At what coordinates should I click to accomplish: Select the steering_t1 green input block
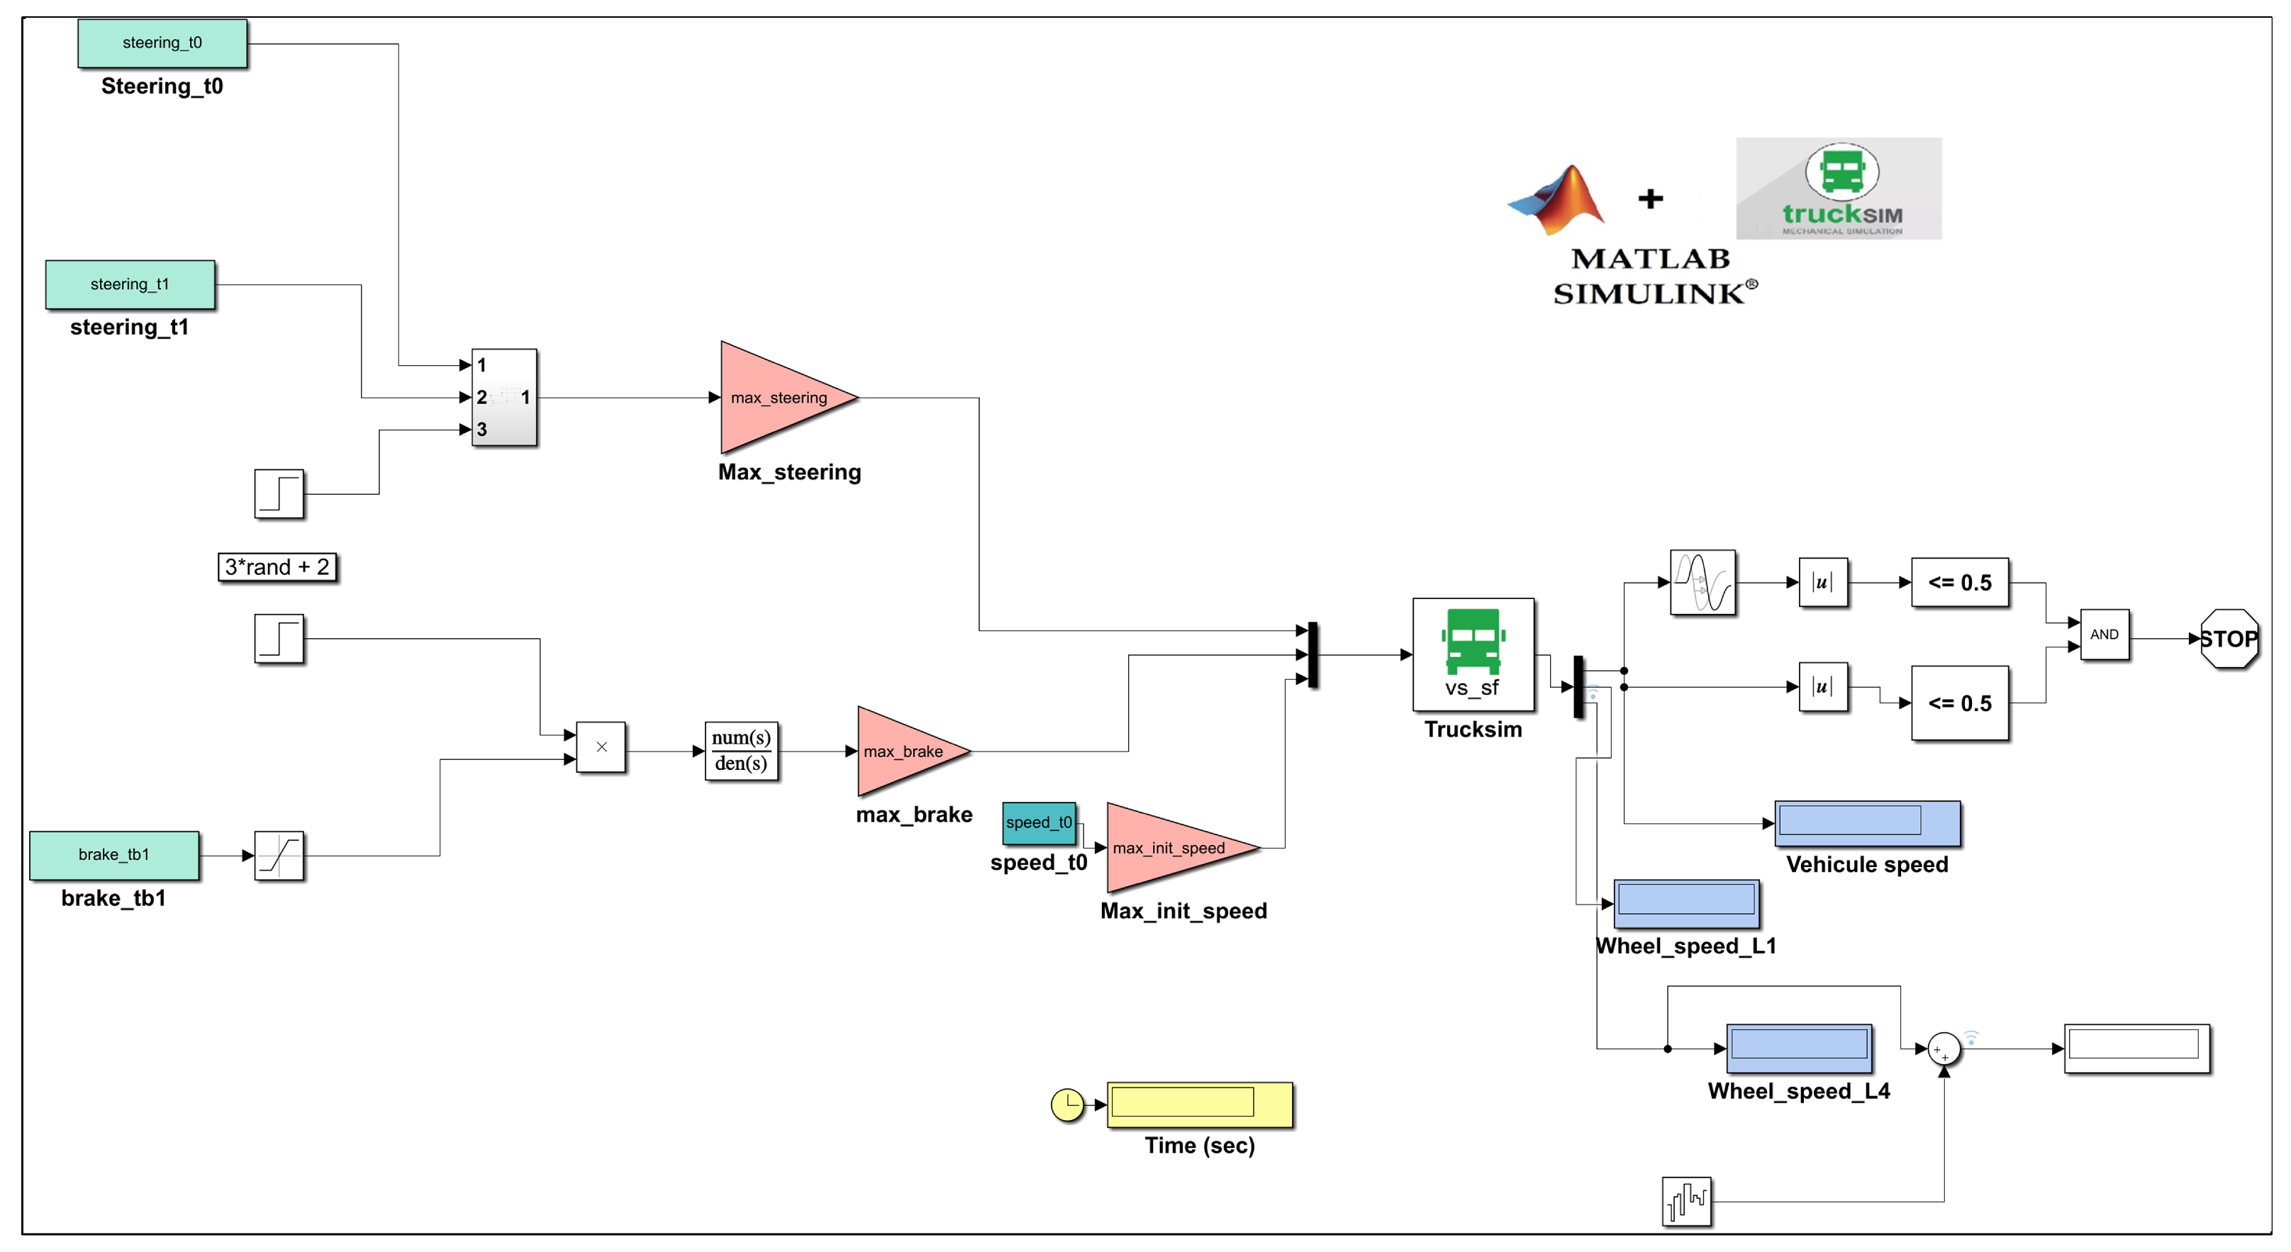[130, 284]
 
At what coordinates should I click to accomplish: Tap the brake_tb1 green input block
[114, 854]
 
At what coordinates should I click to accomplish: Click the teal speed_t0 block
[1038, 822]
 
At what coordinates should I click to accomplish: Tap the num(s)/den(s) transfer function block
[741, 751]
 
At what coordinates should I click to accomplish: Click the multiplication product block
[601, 747]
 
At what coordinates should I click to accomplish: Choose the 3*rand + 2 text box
[277, 566]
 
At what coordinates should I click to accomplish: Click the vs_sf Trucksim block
[1473, 654]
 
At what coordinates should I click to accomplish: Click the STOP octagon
[2228, 639]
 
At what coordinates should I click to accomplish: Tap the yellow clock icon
[1066, 1105]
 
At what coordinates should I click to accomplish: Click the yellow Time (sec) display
[1199, 1104]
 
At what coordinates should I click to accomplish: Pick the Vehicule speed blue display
[1867, 822]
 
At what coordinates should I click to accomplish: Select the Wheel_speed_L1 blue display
[1685, 902]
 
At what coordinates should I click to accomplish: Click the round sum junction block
[1944, 1049]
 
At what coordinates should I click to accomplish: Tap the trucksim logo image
[1839, 189]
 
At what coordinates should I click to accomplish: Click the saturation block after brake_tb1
[279, 856]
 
